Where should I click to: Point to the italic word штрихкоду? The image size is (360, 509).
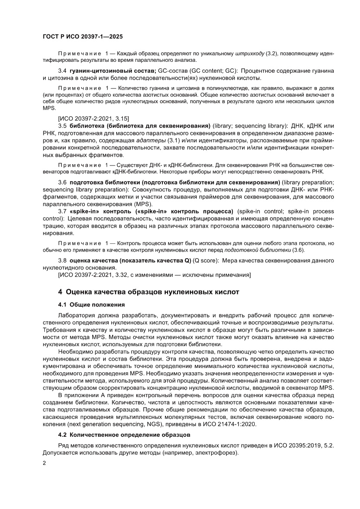point(249,53)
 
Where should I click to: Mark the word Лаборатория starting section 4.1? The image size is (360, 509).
point(77,315)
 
